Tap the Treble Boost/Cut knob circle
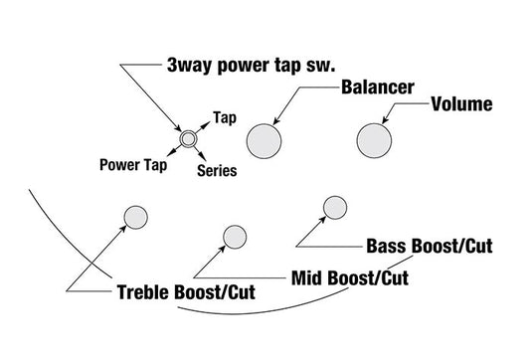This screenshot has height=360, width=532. point(134,216)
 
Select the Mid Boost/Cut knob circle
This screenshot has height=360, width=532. point(235,237)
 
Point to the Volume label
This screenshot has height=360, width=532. point(461,102)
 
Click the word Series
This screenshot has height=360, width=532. point(217,171)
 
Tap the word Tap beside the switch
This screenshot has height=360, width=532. point(225,116)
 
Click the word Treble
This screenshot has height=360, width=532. point(140,294)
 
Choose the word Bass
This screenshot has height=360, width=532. point(388,246)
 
